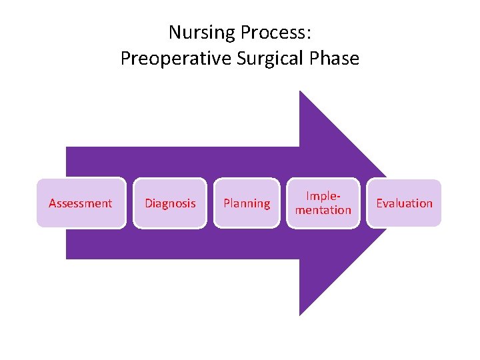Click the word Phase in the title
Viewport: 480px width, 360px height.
pyautogui.click(x=337, y=59)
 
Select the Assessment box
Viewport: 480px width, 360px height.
pyautogui.click(x=81, y=203)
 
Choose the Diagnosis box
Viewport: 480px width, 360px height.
pyautogui.click(x=171, y=203)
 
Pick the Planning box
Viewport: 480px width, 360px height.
pyautogui.click(x=247, y=203)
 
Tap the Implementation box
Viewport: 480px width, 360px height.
pyautogui.click(x=323, y=203)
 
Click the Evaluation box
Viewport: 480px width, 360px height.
pyautogui.click(x=404, y=203)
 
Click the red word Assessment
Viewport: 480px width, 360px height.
pyautogui.click(x=81, y=203)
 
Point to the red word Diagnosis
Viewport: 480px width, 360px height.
pyautogui.click(x=171, y=203)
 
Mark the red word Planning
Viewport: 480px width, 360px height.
pyautogui.click(x=247, y=203)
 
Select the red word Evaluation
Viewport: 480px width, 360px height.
pyautogui.click(x=404, y=203)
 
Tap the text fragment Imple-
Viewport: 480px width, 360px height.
pyautogui.click(x=323, y=196)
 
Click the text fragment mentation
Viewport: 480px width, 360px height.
pyautogui.click(x=323, y=210)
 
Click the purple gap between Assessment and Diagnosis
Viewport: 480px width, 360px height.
pyautogui.click(x=130, y=203)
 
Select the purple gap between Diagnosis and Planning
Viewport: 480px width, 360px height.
pyautogui.click(x=210, y=203)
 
